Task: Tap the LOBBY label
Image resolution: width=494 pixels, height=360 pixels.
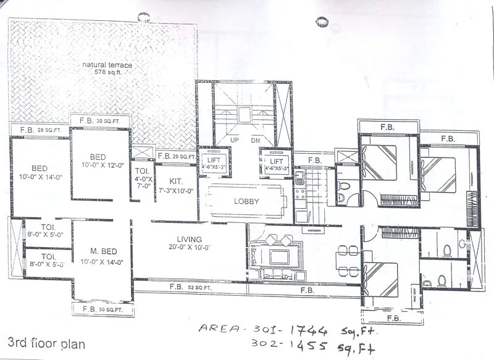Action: coord(246,201)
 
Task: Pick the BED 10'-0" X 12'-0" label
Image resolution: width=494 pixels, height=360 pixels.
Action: coord(99,161)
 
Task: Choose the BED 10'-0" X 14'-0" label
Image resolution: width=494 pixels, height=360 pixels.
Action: coord(40,172)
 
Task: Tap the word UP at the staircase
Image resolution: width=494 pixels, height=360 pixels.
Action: coord(235,140)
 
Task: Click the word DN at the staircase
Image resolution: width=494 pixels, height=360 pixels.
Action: coord(255,140)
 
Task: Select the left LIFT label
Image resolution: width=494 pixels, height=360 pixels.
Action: coord(214,160)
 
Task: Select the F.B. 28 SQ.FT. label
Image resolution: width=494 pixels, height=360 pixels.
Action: coord(40,130)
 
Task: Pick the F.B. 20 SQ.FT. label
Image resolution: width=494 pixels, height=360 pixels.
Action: coord(176,156)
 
